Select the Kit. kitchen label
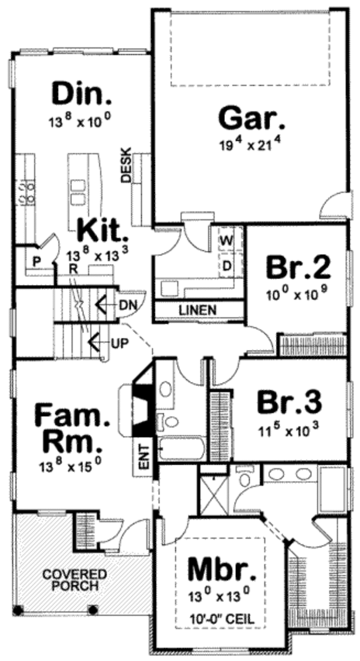(103, 229)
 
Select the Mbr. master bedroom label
(217, 567)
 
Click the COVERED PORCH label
(75, 580)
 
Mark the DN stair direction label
(127, 304)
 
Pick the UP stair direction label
(118, 344)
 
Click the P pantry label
(36, 262)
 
